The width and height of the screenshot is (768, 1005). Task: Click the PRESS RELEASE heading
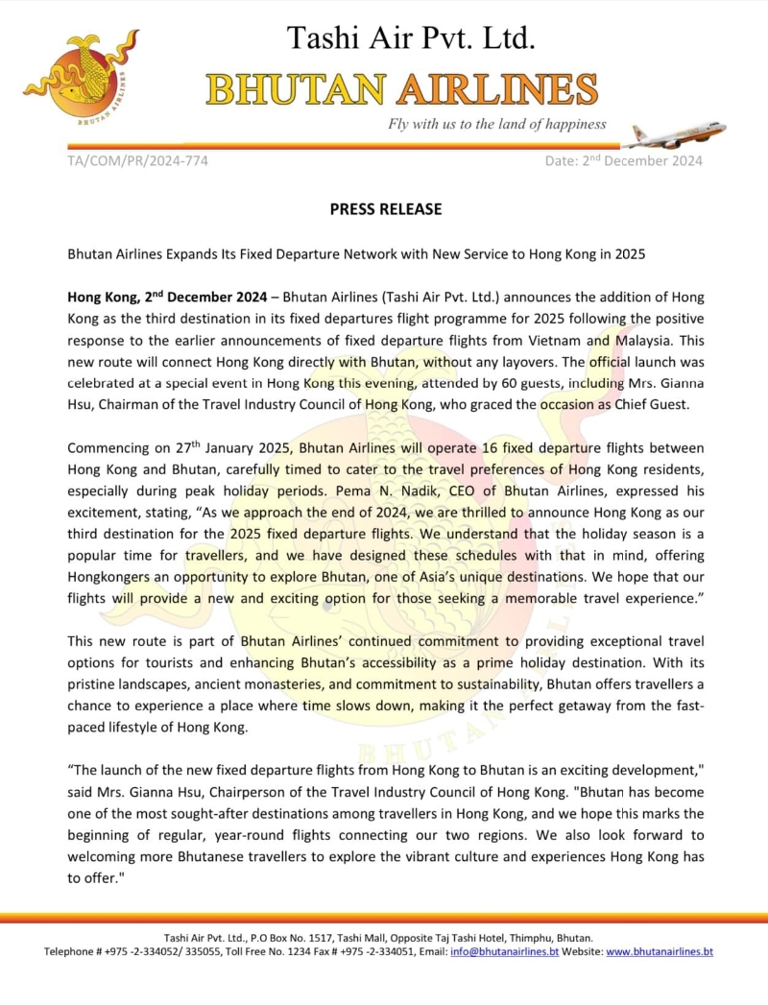coord(386,208)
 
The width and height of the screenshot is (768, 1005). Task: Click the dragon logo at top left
coord(81,75)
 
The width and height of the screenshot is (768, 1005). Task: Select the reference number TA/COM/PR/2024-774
coord(137,160)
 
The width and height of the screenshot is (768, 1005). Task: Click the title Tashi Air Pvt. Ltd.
coord(411,38)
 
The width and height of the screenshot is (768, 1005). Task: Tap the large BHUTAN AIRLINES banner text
coord(402,89)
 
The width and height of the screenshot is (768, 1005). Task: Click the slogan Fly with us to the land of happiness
coord(497,124)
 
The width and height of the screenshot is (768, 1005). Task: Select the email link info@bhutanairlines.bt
coord(504,951)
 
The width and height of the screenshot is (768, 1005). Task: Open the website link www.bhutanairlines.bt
coord(660,951)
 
